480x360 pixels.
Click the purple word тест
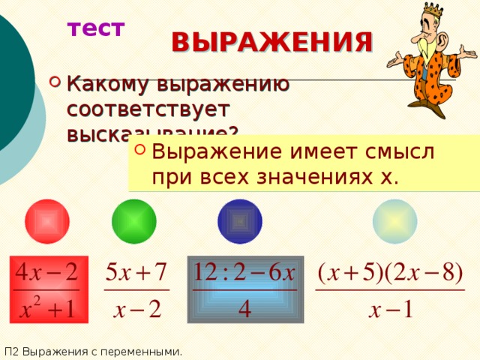coord(96,28)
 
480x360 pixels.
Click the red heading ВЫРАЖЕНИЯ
coord(271,42)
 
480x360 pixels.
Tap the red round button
coord(46,222)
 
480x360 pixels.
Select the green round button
coord(133,222)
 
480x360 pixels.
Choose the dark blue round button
coord(239,222)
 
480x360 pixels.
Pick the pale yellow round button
coord(395,222)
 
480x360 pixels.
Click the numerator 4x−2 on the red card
coord(47,271)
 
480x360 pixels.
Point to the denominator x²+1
coord(47,308)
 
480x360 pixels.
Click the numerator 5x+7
coord(136,271)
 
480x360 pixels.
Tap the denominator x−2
coord(136,310)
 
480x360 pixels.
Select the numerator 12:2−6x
coord(245,271)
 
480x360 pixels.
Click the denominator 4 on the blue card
coord(244,309)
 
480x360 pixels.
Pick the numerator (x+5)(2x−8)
coord(390,271)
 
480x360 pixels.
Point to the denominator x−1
coord(390,310)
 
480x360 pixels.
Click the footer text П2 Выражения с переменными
coord(92,350)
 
